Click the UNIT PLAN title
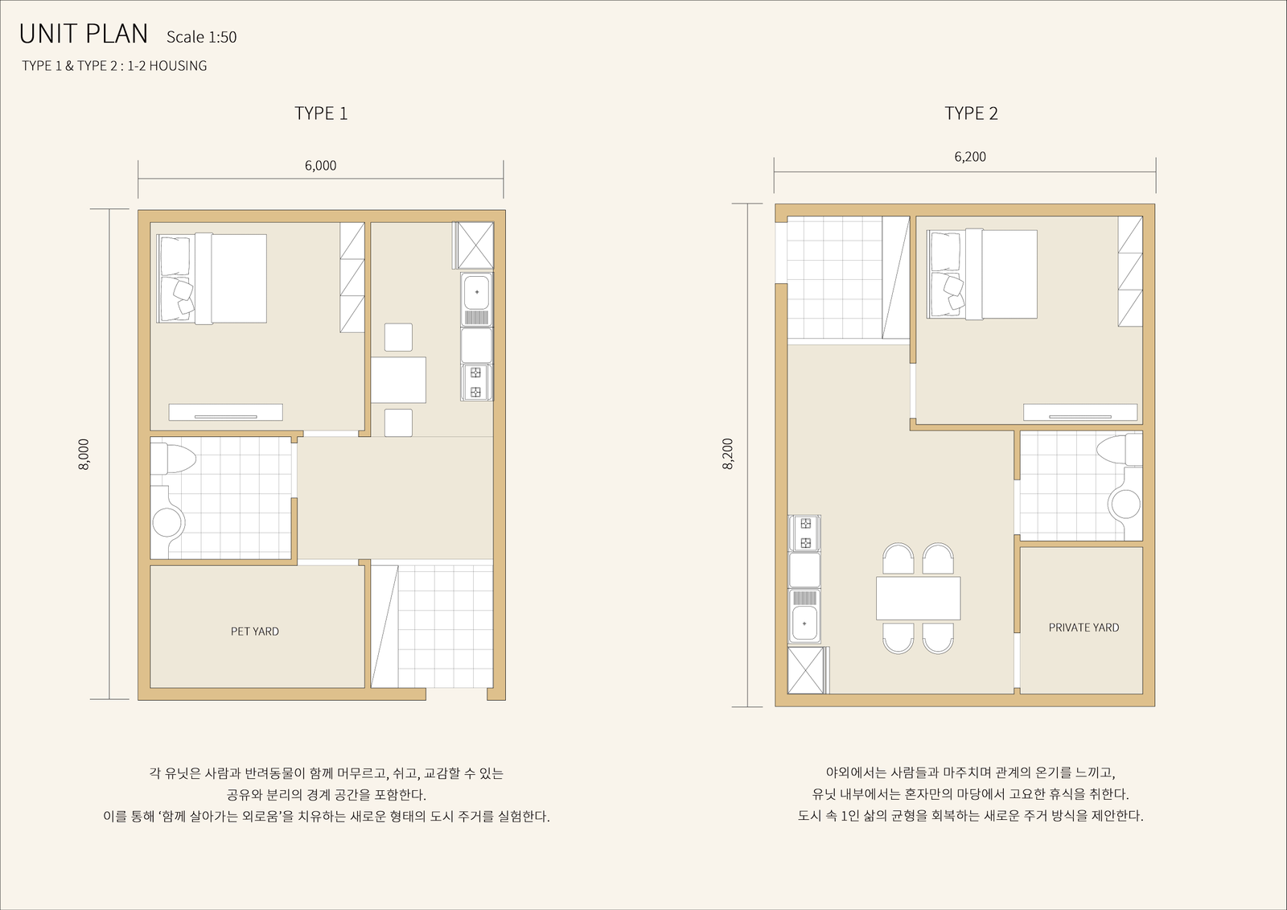click(84, 34)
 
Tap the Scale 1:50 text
click(202, 37)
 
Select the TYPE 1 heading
click(321, 113)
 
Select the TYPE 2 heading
click(972, 113)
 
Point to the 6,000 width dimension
click(321, 166)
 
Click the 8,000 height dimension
click(84, 455)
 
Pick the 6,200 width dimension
click(970, 157)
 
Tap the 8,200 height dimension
click(728, 454)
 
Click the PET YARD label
click(255, 631)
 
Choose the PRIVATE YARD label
click(1084, 628)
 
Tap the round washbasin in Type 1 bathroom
click(167, 522)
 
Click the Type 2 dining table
click(918, 599)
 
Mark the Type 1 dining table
click(398, 380)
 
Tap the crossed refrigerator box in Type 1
click(473, 245)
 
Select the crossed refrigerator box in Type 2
click(808, 670)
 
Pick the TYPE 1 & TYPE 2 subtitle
click(114, 66)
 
